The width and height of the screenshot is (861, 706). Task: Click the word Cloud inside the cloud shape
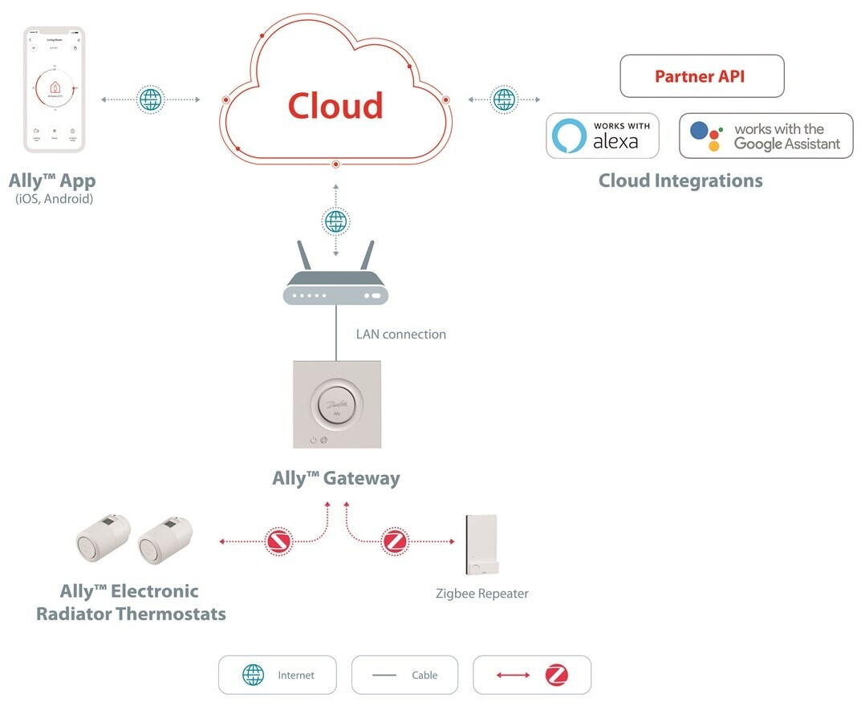point(335,106)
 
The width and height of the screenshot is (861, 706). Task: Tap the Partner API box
point(701,76)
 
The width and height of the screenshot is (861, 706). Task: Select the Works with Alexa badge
point(603,136)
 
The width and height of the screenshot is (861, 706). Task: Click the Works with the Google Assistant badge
point(766,136)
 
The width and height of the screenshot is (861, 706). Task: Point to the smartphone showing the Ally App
point(55,89)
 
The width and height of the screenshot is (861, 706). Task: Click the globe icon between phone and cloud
point(150,99)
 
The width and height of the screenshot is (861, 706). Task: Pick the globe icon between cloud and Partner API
point(504,99)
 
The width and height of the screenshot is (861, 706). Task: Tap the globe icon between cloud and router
point(335,221)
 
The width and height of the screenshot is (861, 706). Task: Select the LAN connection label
point(400,335)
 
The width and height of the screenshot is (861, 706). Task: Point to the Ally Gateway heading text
point(335,479)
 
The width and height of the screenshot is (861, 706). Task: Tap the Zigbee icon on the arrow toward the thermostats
point(279,541)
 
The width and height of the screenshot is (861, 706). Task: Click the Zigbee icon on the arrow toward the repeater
point(394,541)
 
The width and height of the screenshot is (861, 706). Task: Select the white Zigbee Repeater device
point(480,546)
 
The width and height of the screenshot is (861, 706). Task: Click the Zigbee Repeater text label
point(481,594)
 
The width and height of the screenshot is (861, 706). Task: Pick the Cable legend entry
point(405,676)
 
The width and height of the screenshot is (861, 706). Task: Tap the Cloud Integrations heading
point(680,181)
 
